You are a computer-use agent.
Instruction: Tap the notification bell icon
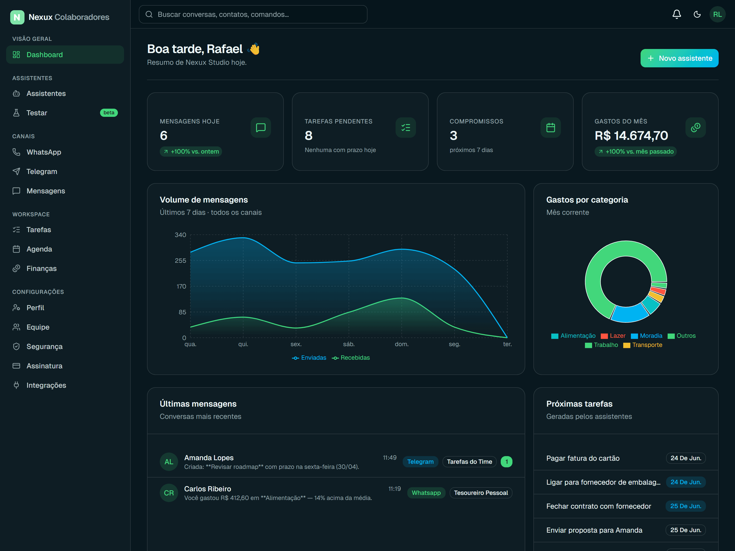(x=677, y=14)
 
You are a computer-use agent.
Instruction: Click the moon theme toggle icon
(x=697, y=14)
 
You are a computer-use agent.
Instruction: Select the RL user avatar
(x=717, y=14)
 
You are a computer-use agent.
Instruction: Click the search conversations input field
(x=253, y=14)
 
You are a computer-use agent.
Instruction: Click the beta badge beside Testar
(x=109, y=112)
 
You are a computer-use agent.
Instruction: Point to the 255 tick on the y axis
(x=180, y=261)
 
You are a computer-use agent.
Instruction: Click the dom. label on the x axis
(x=401, y=344)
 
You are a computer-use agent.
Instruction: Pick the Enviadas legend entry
(x=309, y=358)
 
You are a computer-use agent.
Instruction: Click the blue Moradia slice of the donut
(x=629, y=313)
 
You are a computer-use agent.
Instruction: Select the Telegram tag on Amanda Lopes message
(x=420, y=462)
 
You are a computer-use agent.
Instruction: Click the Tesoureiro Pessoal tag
(x=481, y=493)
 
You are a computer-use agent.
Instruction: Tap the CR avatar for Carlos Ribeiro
(x=169, y=493)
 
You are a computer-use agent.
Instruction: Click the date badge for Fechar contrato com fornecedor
(x=685, y=506)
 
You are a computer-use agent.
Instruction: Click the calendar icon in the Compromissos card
(x=550, y=128)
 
